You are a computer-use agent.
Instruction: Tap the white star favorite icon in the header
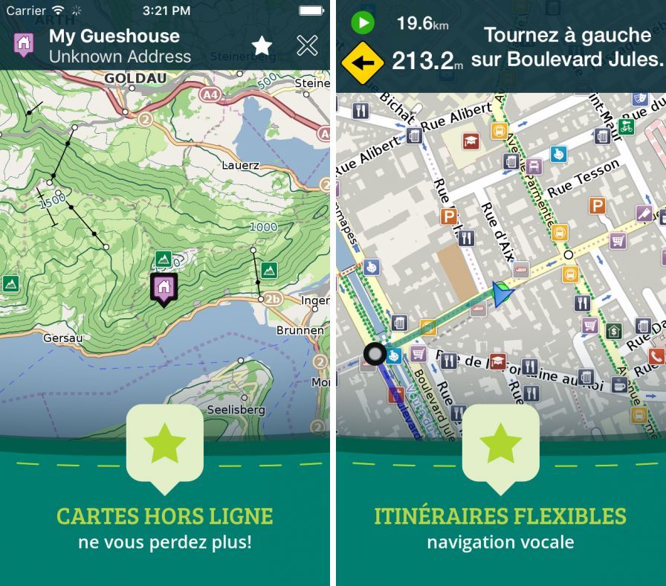(x=262, y=45)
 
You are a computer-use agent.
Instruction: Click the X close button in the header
(x=307, y=45)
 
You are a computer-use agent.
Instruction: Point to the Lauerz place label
(x=240, y=165)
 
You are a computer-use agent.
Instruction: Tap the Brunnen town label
(x=300, y=329)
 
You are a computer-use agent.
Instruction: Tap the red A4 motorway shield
(x=210, y=94)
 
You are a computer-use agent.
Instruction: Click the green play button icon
(x=363, y=23)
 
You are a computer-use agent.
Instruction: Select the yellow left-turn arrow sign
(x=362, y=62)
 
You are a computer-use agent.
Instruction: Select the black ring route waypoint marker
(x=375, y=354)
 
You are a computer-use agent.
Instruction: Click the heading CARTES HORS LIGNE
(x=164, y=516)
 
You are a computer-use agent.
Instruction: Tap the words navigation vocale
(x=500, y=542)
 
